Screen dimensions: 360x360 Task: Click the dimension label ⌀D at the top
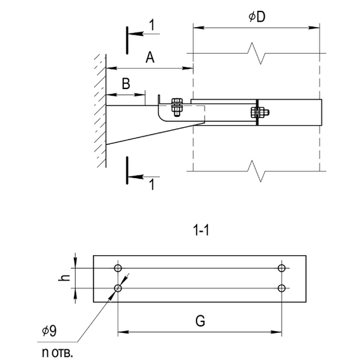pyautogui.click(x=257, y=17)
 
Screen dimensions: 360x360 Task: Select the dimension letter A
pyautogui.click(x=150, y=57)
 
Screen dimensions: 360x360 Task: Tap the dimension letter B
pyautogui.click(x=126, y=83)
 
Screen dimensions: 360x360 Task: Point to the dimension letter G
pyautogui.click(x=200, y=321)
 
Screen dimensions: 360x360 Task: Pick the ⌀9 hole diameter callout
pyautogui.click(x=49, y=331)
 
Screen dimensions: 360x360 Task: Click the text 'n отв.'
pyautogui.click(x=57, y=352)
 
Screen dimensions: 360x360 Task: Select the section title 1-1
pyautogui.click(x=201, y=231)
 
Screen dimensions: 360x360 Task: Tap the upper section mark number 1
pyautogui.click(x=152, y=25)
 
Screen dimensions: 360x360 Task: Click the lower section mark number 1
pyautogui.click(x=152, y=184)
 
